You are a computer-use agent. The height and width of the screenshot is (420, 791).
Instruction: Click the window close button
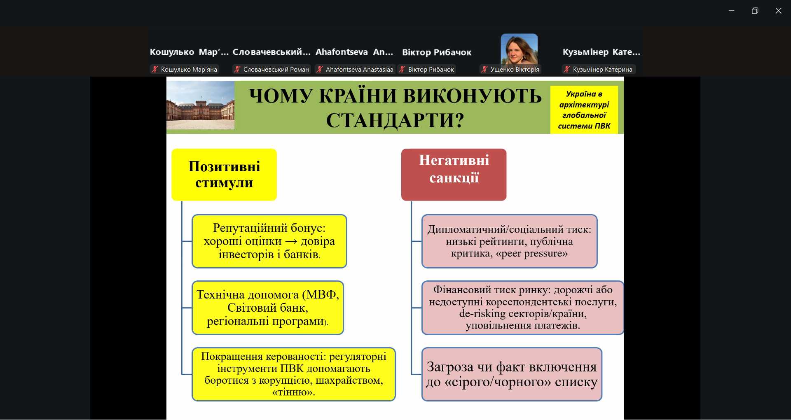(778, 11)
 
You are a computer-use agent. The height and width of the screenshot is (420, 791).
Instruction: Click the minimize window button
(731, 11)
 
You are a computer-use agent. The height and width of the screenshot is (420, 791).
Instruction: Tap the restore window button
(755, 11)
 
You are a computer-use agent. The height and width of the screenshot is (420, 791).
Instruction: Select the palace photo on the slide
(201, 105)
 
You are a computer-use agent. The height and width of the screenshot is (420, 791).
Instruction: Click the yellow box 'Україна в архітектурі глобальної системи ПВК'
(584, 110)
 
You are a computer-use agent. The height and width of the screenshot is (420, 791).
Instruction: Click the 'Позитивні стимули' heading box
(224, 175)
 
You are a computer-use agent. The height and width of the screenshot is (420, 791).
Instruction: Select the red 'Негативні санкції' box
(454, 175)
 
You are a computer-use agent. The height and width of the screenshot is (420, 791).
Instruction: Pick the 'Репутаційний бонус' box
(269, 241)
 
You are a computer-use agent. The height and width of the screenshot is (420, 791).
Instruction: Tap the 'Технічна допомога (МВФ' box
(268, 308)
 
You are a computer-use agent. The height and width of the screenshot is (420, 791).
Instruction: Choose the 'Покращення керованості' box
(293, 374)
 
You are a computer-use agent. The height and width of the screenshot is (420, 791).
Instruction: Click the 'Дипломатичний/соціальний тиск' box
(509, 241)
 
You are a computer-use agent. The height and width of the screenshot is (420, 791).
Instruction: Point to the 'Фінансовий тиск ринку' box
(522, 308)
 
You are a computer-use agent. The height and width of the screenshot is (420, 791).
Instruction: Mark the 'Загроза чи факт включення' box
(512, 374)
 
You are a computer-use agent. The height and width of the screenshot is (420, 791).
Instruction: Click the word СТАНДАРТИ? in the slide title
(395, 121)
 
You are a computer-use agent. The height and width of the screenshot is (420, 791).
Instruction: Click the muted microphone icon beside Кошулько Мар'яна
(155, 69)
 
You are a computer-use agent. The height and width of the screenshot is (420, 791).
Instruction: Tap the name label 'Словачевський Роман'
(276, 70)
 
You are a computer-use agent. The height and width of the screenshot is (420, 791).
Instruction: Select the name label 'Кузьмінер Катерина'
(602, 70)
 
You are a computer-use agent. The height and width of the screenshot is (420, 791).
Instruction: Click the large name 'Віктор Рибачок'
(437, 52)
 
